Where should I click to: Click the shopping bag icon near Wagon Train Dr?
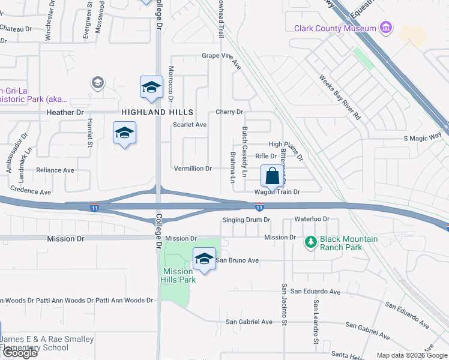[x=272, y=176]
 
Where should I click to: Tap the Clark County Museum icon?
[x=386, y=28]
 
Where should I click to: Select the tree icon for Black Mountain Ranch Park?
[x=310, y=242]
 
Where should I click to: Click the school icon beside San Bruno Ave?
[x=204, y=259]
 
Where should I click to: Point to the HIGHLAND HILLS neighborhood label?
[x=157, y=112]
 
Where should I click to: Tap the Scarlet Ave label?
[x=190, y=125]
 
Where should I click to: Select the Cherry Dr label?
[x=229, y=112]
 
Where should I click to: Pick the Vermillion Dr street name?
[x=193, y=169]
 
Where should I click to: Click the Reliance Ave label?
[x=55, y=170]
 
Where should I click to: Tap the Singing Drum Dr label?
[x=246, y=220]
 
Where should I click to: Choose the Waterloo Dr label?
[x=312, y=219]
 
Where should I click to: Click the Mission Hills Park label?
[x=179, y=275]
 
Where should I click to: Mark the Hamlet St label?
[x=89, y=131]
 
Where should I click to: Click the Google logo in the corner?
[x=19, y=353]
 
